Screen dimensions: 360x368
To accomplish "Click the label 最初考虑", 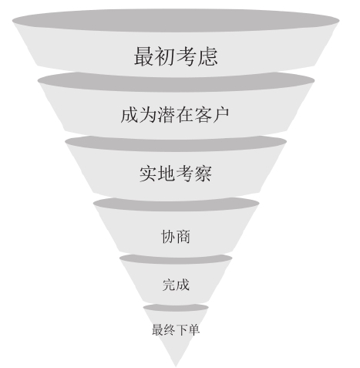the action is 176,56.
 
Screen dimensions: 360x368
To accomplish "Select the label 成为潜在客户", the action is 175,115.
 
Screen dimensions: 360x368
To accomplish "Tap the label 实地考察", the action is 176,174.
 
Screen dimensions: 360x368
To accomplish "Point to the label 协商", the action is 176,236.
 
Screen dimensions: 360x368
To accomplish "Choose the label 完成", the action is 176,285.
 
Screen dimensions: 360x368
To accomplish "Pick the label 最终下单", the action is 176,329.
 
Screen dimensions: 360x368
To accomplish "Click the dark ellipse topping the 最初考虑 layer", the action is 176,21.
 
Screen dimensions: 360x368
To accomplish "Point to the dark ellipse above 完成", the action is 176,260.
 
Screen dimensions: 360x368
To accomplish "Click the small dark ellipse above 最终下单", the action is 176,308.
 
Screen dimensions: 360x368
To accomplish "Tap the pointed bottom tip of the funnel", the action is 176,366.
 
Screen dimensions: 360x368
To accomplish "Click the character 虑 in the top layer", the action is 207,56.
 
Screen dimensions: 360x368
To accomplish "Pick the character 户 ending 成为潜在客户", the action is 220,115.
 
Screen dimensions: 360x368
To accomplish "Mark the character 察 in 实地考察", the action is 203,174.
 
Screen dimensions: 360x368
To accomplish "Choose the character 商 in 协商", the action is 183,236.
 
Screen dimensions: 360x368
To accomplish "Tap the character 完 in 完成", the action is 169,285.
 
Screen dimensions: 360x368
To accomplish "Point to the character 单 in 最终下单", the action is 194,329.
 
